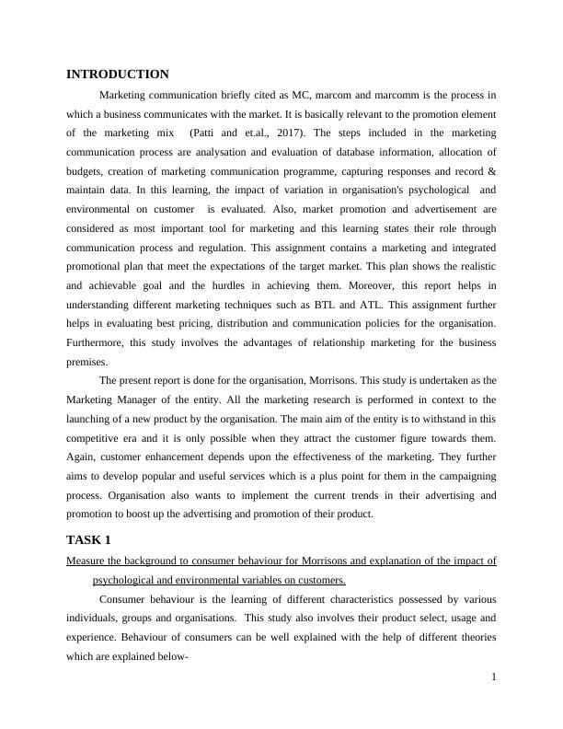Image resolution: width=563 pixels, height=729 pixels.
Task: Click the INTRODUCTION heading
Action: pyautogui.click(x=118, y=75)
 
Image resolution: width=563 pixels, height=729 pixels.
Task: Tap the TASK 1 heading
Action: pyautogui.click(x=89, y=539)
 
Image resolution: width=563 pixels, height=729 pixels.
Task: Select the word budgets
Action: pyautogui.click(x=86, y=171)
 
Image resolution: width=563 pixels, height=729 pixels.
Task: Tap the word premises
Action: pyautogui.click(x=86, y=362)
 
